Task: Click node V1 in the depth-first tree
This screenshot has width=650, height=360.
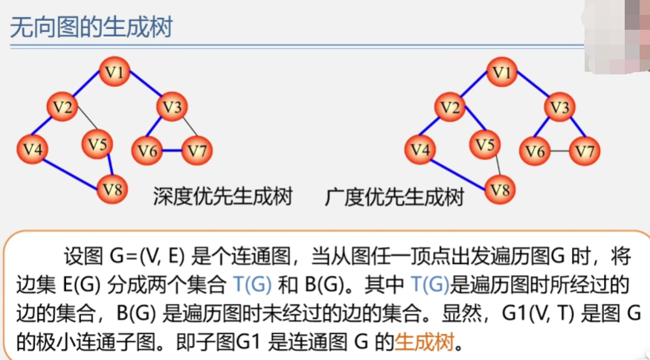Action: point(117,73)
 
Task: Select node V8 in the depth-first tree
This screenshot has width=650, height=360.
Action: point(112,188)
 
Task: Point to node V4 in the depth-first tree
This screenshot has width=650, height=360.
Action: point(32,149)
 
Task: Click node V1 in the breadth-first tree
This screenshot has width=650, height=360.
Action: point(503,73)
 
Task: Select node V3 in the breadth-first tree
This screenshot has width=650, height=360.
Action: point(559,108)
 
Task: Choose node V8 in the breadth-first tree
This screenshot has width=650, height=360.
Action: point(501,189)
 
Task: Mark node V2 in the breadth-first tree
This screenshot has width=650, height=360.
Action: point(448,109)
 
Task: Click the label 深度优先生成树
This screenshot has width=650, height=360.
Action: point(222,197)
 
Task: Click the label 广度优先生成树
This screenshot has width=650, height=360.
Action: point(394,197)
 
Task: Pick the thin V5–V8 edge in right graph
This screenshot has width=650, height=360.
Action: point(495,167)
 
